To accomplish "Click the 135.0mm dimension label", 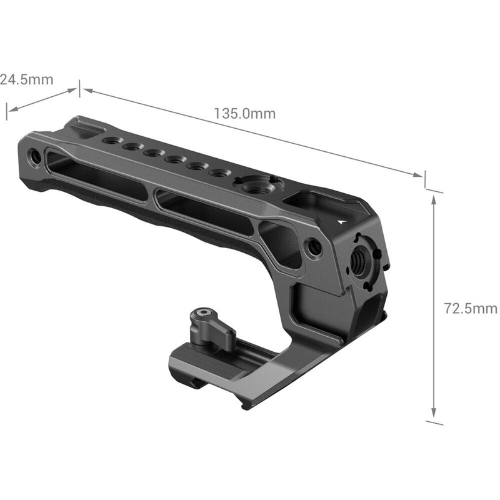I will point(244,114).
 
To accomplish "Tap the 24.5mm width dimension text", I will point(26,79).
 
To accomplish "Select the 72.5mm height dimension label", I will point(470,308).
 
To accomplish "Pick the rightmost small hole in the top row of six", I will point(216,173).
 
